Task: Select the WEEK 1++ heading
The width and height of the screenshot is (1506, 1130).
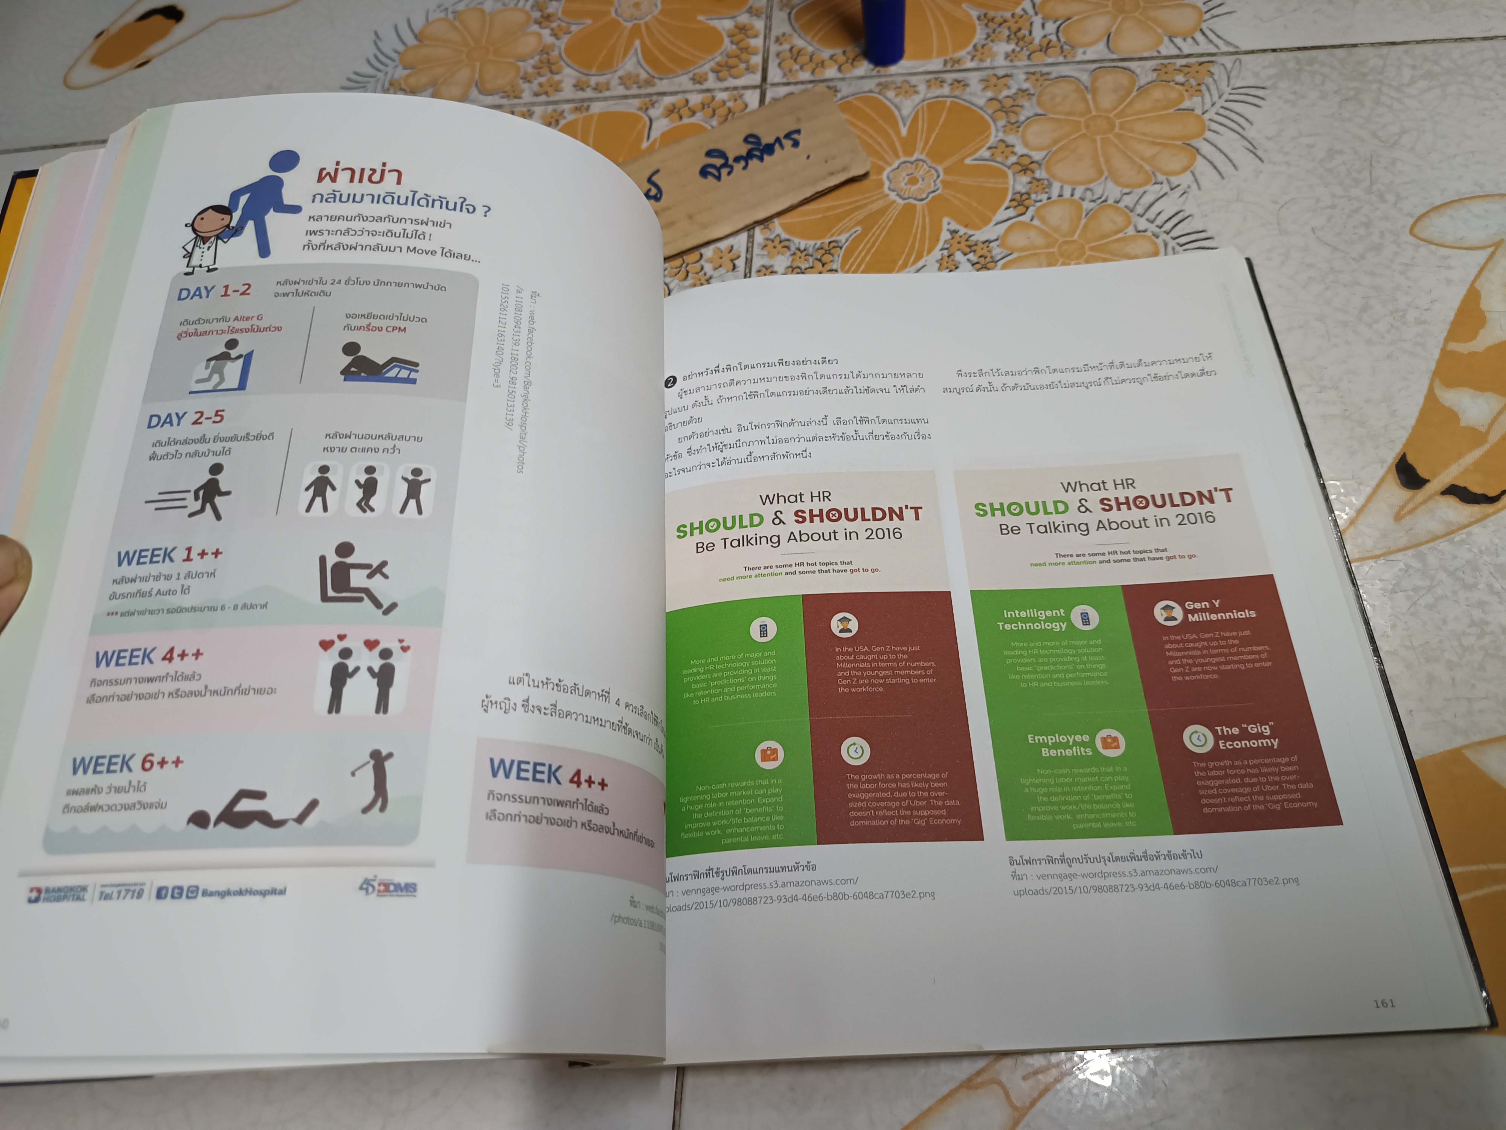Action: (169, 556)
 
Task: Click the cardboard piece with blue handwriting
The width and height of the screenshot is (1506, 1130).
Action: (745, 170)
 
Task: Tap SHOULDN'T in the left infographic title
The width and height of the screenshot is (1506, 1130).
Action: (857, 515)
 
